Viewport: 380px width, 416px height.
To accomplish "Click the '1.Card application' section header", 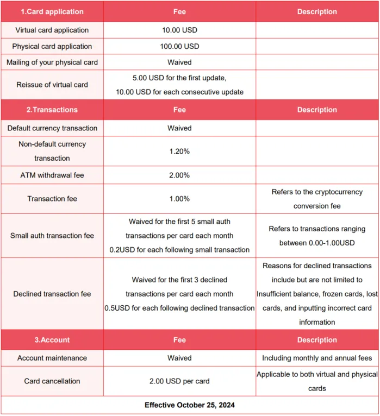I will [52, 11].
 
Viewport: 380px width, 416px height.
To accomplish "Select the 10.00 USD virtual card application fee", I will [179, 30].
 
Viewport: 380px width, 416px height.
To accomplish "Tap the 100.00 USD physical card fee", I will [179, 46].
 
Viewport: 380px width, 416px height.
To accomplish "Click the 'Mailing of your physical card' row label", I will [52, 62].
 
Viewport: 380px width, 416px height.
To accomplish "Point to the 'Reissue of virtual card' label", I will [52, 85].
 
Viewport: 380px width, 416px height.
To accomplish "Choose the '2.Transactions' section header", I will [52, 110].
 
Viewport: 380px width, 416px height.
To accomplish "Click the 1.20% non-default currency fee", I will [179, 152].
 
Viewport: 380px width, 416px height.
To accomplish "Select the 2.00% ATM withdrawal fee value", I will [179, 175].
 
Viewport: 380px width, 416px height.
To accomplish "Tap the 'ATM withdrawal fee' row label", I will [52, 175].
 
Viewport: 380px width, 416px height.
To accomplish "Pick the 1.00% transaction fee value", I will [179, 199].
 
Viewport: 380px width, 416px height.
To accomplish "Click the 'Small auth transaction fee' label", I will [52, 236].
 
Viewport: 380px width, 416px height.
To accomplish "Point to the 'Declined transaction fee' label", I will [52, 294].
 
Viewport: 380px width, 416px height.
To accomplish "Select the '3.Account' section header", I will [52, 340].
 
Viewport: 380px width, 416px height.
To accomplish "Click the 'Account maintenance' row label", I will [52, 358].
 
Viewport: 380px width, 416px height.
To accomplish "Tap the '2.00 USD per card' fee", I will [179, 381].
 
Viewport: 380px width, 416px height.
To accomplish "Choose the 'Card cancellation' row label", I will [52, 381].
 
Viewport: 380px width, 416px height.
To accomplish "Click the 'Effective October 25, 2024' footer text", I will [190, 405].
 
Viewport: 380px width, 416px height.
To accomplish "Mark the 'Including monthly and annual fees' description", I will [317, 358].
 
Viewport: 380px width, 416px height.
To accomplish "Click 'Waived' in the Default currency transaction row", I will [179, 128].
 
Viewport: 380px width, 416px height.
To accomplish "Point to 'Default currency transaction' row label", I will [52, 128].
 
